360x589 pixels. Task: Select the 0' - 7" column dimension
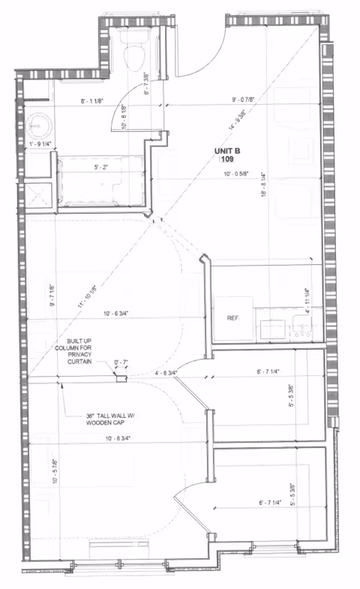coord(120,363)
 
